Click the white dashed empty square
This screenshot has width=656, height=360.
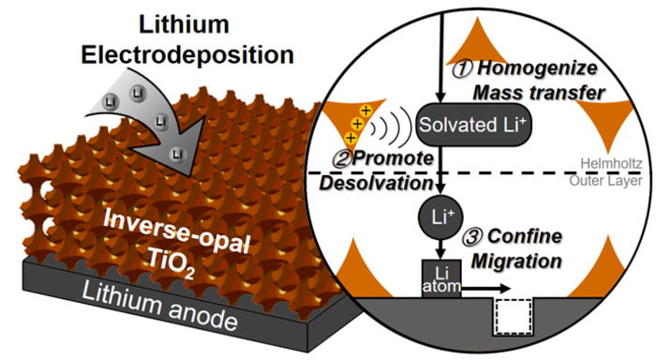click(x=513, y=318)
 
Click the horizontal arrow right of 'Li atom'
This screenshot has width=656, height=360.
click(x=497, y=290)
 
